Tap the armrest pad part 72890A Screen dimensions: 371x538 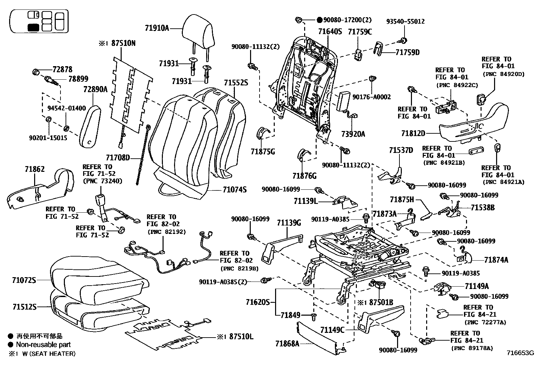click(x=91, y=127)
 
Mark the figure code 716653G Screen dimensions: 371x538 click(x=520, y=353)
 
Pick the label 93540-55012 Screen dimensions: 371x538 click(x=405, y=21)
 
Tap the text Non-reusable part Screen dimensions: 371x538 click(x=44, y=345)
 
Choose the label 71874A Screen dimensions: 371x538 click(x=496, y=260)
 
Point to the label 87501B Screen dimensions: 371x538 click(x=381, y=302)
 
